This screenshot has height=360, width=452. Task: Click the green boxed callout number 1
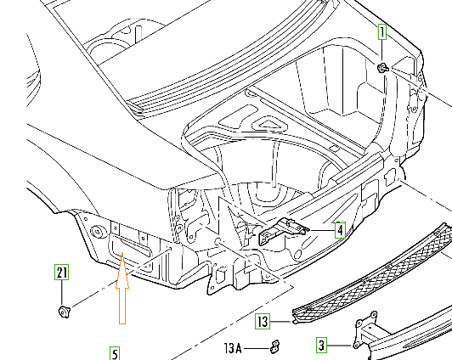[382, 31]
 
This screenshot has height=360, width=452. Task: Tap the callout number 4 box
[340, 230]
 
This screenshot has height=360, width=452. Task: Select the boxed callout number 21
[62, 272]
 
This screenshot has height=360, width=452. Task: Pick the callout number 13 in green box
[263, 321]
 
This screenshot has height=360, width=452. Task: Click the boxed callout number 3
[322, 345]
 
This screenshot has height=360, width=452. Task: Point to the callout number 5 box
[115, 353]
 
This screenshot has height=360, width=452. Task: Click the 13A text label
[233, 348]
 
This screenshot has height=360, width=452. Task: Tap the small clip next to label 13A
[275, 346]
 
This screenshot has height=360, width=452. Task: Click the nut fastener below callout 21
[64, 312]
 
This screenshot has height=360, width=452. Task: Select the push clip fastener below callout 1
[382, 68]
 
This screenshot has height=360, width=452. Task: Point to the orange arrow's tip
[122, 252]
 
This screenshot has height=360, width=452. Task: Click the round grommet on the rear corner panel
[97, 232]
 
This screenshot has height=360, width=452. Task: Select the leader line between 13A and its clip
[257, 348]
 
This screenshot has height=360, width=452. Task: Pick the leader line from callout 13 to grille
[281, 322]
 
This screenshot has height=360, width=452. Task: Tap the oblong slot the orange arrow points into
[129, 246]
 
